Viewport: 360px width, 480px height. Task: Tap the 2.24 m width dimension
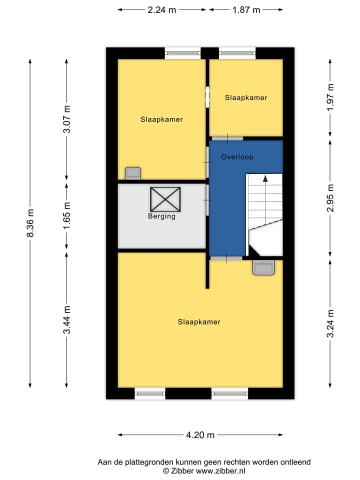coord(161,9)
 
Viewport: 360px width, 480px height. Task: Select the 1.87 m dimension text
coord(246,9)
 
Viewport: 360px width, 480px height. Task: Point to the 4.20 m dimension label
coord(200,435)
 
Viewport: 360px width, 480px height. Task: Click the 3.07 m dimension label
coord(66,119)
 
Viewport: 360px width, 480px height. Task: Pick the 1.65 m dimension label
coord(66,215)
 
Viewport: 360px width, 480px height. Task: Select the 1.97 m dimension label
coord(330,99)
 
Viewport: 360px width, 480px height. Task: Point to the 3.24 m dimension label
coord(330,323)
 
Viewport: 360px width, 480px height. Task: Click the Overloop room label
coord(237,157)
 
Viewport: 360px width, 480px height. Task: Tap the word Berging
coord(161,216)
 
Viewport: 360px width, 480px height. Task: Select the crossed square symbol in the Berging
coord(165,198)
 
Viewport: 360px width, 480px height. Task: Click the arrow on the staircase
coord(265,177)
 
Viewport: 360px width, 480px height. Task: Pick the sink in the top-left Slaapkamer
coord(133,173)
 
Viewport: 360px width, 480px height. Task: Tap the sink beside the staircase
coord(263,268)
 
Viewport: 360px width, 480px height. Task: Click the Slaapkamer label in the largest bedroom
coord(199,322)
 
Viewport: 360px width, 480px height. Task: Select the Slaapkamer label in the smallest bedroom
coord(246,97)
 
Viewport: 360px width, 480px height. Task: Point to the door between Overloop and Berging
coord(207,200)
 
